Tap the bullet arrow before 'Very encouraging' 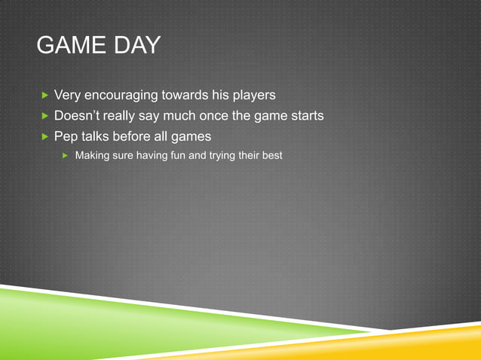click(x=44, y=96)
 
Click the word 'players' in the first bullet click(x=252, y=96)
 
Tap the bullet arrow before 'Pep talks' click(x=44, y=136)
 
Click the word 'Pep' click(x=66, y=136)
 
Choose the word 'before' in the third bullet click(x=133, y=136)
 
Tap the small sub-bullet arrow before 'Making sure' click(x=66, y=155)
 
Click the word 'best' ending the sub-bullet click(x=271, y=155)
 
